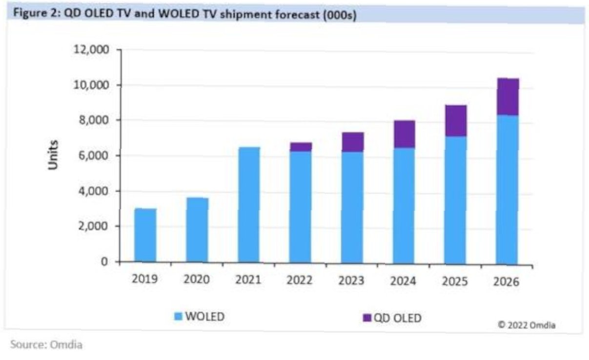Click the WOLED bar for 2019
(x=145, y=235)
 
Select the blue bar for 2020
(x=197, y=230)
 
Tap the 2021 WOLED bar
(x=248, y=205)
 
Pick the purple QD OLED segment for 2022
(x=300, y=147)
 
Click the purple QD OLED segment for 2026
(x=507, y=97)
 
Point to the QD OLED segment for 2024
(x=404, y=134)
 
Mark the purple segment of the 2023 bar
(x=352, y=142)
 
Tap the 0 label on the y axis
(x=103, y=261)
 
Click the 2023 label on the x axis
(x=351, y=280)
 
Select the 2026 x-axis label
(x=506, y=281)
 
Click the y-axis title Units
(x=53, y=155)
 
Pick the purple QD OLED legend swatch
(x=366, y=318)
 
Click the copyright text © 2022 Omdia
(x=526, y=325)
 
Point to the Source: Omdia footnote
(x=46, y=345)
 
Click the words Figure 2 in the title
(x=33, y=15)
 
